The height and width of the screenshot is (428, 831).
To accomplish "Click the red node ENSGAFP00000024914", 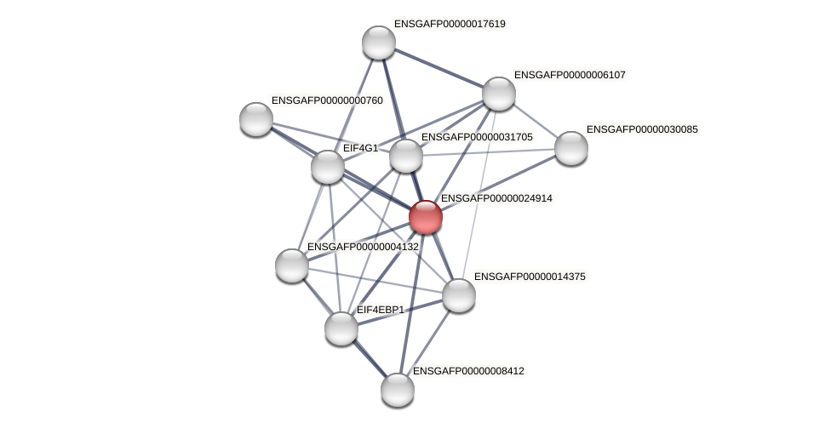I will pos(425,217).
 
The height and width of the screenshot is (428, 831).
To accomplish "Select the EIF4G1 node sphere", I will pos(328,167).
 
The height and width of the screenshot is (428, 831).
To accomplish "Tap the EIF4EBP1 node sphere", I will pos(341,328).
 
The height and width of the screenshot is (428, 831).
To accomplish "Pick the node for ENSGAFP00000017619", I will pos(379,43).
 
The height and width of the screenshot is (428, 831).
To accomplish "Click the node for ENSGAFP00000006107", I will pos(499,94).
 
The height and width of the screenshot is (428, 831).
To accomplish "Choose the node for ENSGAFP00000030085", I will pos(571,148).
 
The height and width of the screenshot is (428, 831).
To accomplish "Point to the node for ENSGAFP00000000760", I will pos(256,119).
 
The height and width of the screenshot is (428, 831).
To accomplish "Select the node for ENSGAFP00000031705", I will pos(406,156).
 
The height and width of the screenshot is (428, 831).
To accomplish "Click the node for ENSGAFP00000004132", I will pos(292,265).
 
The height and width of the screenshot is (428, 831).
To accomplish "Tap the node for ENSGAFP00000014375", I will pos(459,295).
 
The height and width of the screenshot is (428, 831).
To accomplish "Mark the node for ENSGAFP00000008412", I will pos(398,390).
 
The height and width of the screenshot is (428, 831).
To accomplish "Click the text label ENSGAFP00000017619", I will pos(449,24).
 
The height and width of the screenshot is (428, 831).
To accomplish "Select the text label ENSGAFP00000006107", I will pos(569,75).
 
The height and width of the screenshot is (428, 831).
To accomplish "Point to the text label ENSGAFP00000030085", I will pos(641,129).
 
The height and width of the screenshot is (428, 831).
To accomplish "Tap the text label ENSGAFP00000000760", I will pos(326,100).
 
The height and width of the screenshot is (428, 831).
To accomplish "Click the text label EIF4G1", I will pos(359,148).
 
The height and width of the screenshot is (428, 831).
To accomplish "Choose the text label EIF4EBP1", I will pos(380,310).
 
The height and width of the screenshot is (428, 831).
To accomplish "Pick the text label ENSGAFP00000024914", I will pos(496,198).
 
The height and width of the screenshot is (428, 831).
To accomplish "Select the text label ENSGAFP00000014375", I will pos(529,277).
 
